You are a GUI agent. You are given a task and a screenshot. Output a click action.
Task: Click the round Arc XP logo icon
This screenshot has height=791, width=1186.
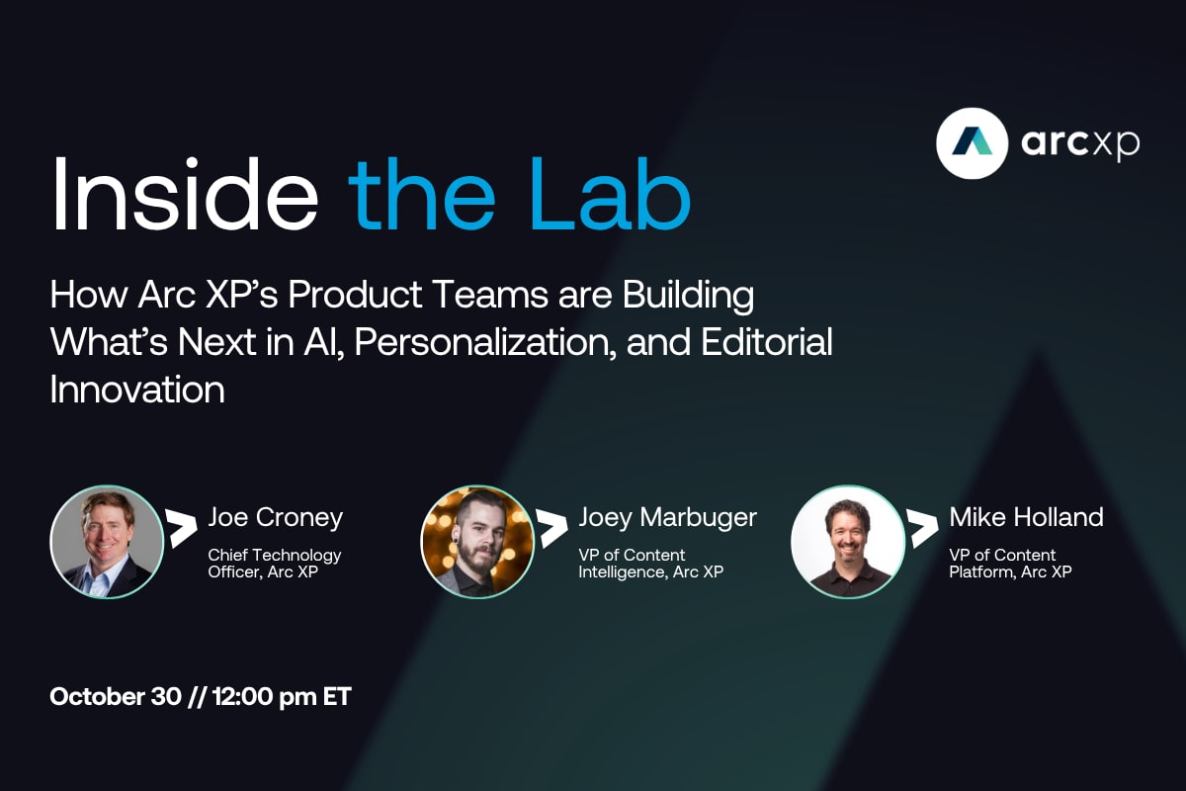point(971,143)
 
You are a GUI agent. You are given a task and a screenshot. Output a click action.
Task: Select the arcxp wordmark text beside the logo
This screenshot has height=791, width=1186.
point(1079,144)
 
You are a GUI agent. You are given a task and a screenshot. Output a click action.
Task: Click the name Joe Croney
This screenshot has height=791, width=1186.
point(275,517)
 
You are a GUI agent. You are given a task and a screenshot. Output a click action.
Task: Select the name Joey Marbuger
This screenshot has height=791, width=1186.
point(667,517)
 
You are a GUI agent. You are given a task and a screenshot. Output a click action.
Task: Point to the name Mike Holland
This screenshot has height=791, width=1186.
point(1026,517)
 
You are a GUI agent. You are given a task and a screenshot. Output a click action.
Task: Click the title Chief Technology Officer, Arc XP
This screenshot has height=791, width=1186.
point(274,564)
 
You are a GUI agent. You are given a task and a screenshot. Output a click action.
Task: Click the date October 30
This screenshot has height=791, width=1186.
point(115,696)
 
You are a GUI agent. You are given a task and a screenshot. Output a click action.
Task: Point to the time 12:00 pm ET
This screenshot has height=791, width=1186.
point(282,696)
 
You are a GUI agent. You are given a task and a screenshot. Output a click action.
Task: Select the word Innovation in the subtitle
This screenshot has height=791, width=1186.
point(136,390)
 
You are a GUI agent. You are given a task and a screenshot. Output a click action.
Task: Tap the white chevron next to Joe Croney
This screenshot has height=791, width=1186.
point(181,528)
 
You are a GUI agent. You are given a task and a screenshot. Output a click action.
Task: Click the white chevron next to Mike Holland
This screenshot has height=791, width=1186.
point(922,528)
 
